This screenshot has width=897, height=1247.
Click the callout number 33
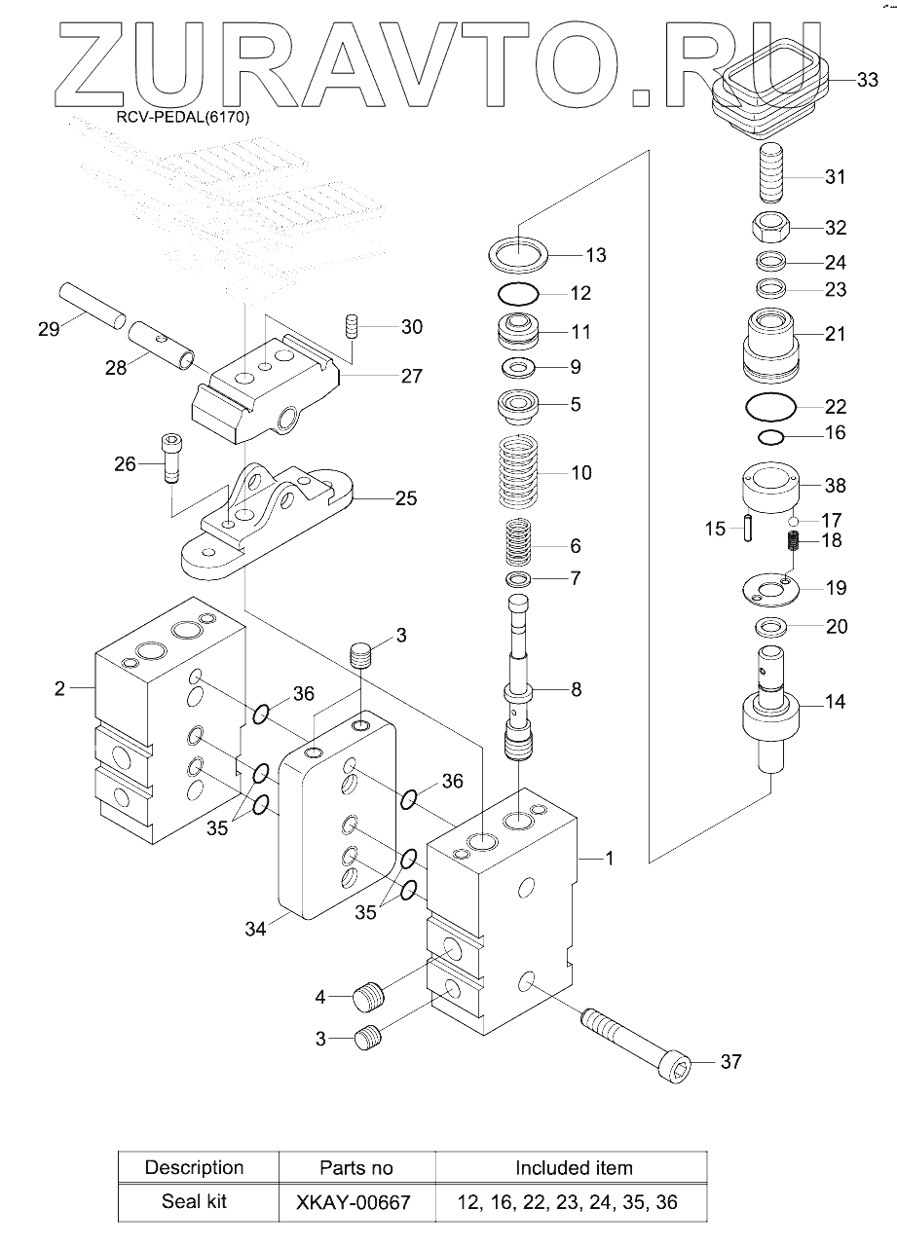[x=867, y=80]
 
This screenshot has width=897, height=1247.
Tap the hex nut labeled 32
[x=770, y=227]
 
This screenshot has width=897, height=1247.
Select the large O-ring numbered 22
[x=770, y=407]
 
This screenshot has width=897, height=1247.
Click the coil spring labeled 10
[x=519, y=473]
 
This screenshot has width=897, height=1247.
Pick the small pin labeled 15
[x=748, y=527]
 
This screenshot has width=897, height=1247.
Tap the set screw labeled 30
[x=352, y=325]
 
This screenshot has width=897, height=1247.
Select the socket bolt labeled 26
[x=172, y=458]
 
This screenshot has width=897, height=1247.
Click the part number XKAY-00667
[x=354, y=1202]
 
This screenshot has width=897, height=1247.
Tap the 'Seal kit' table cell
[x=194, y=1201]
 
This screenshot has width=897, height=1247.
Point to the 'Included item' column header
[x=574, y=1167]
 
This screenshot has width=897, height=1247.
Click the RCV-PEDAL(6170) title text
[x=183, y=118]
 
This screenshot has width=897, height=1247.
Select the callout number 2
[x=59, y=688]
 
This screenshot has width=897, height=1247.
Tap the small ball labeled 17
[x=794, y=521]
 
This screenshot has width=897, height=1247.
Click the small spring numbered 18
[x=794, y=540]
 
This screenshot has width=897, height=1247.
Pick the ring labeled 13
[x=518, y=255]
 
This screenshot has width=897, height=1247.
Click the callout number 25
[x=405, y=498]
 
